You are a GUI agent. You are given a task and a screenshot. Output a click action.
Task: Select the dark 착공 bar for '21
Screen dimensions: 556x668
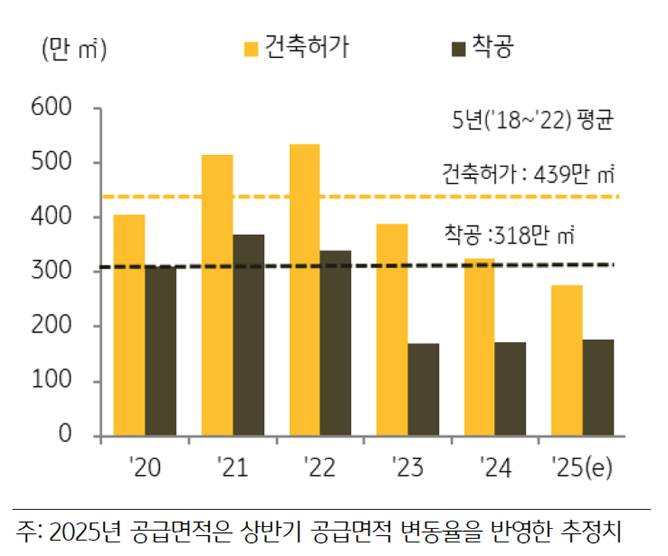pyautogui.click(x=249, y=335)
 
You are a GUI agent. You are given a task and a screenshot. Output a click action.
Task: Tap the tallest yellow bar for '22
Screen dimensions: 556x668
pyautogui.click(x=304, y=289)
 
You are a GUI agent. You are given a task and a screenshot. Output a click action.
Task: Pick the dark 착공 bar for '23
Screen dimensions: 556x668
pyautogui.click(x=423, y=389)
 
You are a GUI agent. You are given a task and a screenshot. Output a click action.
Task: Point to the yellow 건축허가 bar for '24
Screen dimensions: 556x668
pyautogui.click(x=479, y=346)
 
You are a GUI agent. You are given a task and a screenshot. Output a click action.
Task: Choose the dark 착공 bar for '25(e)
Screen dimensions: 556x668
pyautogui.click(x=598, y=387)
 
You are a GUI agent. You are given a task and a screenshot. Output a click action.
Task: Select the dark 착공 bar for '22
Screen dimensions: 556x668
pyautogui.click(x=336, y=343)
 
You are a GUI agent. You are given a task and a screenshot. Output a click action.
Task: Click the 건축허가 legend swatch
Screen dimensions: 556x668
pyautogui.click(x=251, y=48)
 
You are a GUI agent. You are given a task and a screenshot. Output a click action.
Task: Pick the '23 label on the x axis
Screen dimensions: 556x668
pyautogui.click(x=407, y=468)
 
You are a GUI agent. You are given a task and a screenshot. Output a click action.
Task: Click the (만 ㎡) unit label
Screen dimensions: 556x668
pyautogui.click(x=73, y=49)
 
